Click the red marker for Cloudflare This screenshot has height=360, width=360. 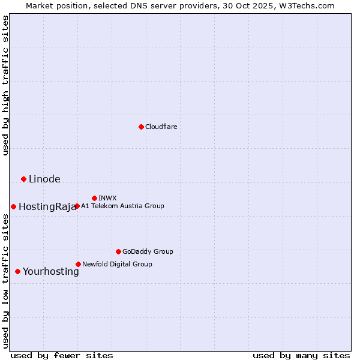tap(141, 127)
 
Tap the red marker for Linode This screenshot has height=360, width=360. tap(23, 179)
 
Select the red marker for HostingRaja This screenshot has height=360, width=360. tap(13, 206)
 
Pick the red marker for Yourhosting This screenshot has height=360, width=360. tap(17, 272)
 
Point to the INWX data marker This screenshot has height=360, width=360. tap(94, 198)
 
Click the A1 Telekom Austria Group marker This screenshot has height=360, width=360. tap(77, 206)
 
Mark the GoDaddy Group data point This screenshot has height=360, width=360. tap(118, 251)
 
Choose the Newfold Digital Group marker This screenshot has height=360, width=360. tap(78, 264)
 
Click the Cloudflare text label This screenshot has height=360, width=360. tap(161, 127)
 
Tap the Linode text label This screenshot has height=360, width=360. tap(44, 179)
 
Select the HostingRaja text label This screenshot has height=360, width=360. tap(47, 207)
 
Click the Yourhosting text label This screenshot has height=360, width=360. tap(50, 272)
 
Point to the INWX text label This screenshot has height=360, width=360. tap(107, 198)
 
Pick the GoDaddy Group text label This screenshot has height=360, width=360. tap(148, 251)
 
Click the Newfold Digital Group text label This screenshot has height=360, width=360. tap(117, 264)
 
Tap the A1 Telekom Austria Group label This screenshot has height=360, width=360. tap(122, 206)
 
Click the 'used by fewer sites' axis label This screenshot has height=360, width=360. tap(61, 355)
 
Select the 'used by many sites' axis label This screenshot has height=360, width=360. tap(301, 355)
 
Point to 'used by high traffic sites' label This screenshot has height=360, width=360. tap(5, 85)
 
